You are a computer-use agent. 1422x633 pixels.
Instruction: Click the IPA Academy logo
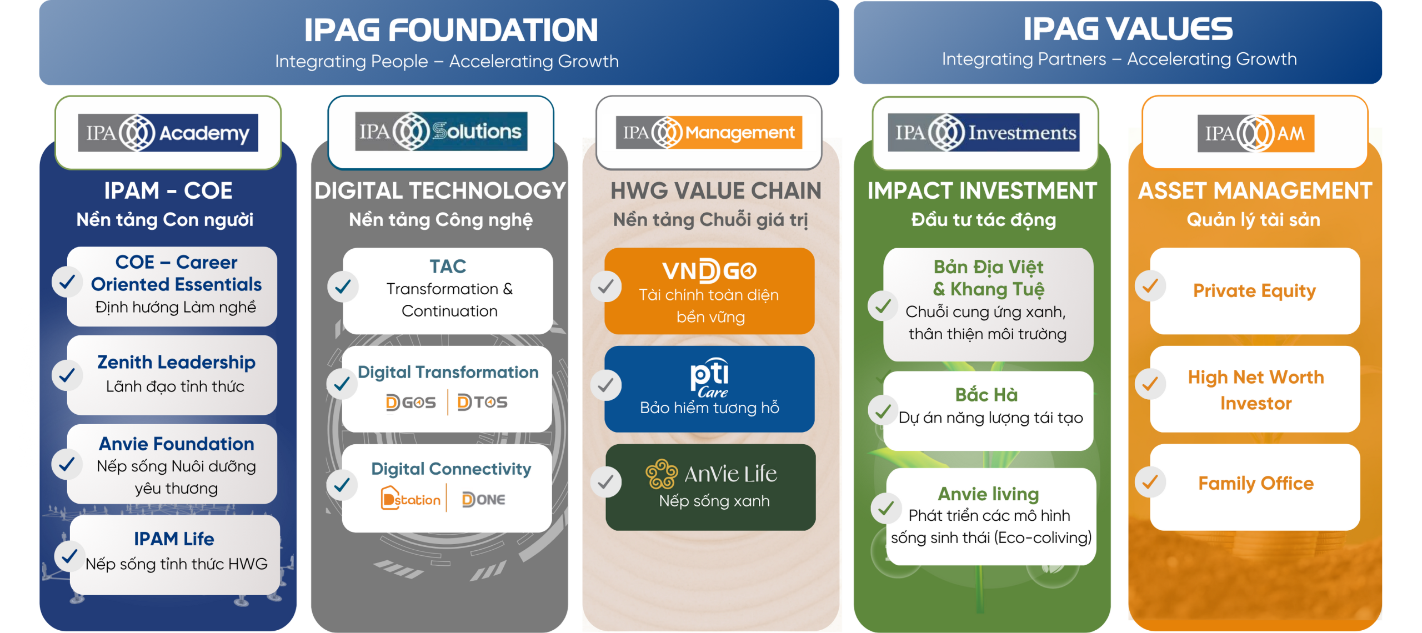[168, 133]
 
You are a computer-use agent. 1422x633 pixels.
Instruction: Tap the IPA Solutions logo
[441, 132]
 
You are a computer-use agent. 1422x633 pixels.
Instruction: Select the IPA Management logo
[709, 133]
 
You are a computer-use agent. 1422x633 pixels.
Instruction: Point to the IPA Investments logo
[984, 133]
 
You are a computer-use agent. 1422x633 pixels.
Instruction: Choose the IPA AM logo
[1256, 133]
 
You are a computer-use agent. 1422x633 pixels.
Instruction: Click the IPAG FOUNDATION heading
[450, 30]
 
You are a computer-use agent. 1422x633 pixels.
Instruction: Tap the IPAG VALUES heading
[1128, 29]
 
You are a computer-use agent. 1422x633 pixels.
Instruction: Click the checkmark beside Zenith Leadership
[67, 375]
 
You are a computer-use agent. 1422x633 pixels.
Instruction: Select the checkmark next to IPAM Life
[69, 555]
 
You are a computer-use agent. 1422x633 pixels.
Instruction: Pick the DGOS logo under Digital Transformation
[410, 402]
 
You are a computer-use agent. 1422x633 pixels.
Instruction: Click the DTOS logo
[482, 402]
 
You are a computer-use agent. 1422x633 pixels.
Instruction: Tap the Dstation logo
[410, 499]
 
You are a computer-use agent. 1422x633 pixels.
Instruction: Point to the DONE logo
[483, 500]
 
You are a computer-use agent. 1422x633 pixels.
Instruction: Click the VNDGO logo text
[709, 271]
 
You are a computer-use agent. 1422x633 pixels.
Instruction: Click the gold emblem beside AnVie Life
[662, 474]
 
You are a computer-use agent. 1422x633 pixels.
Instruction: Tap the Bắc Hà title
[987, 394]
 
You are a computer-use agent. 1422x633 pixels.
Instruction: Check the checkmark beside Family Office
[1150, 482]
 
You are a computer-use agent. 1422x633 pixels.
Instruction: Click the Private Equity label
[1254, 290]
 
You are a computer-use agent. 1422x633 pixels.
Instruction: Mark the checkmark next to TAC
[343, 287]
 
